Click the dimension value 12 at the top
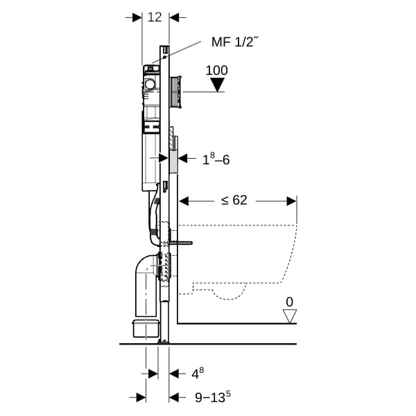click(x=155, y=17)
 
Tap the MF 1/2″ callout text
click(x=235, y=42)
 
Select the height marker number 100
click(x=217, y=71)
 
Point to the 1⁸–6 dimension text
click(x=216, y=159)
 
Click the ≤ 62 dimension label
click(x=234, y=200)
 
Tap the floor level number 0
click(x=289, y=302)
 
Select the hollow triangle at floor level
click(x=289, y=316)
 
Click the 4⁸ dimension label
click(x=198, y=374)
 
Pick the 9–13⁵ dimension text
click(x=213, y=397)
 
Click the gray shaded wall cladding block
click(x=173, y=162)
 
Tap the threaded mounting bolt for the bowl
click(x=180, y=243)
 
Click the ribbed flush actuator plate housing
click(x=175, y=92)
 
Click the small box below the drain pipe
click(x=146, y=329)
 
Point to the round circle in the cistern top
click(x=150, y=84)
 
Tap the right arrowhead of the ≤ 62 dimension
click(x=292, y=201)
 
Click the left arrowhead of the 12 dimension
click(x=137, y=18)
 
